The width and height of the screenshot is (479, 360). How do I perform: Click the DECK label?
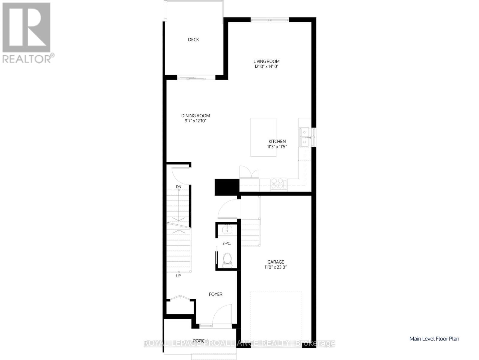point(193,40)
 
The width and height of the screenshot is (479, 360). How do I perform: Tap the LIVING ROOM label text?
point(266,61)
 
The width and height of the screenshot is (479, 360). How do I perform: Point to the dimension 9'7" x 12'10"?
point(195,121)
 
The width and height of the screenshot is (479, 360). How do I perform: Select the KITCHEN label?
point(277,141)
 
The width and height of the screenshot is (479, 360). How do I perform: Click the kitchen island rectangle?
point(263,137)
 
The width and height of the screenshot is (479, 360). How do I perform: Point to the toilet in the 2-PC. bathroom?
point(227,260)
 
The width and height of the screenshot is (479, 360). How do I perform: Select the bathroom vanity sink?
point(228,230)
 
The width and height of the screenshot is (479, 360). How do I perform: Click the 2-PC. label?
point(227,243)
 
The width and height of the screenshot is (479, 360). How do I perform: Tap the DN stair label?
point(179,187)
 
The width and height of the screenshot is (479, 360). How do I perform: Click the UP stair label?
point(178,276)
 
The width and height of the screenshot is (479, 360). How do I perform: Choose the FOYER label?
point(216,294)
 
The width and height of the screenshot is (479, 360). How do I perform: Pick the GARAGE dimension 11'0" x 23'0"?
point(275,267)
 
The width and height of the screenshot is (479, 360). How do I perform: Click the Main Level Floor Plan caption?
point(434,339)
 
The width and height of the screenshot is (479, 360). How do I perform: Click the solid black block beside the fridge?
point(227,187)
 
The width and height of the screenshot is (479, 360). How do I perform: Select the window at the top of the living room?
point(270,20)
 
